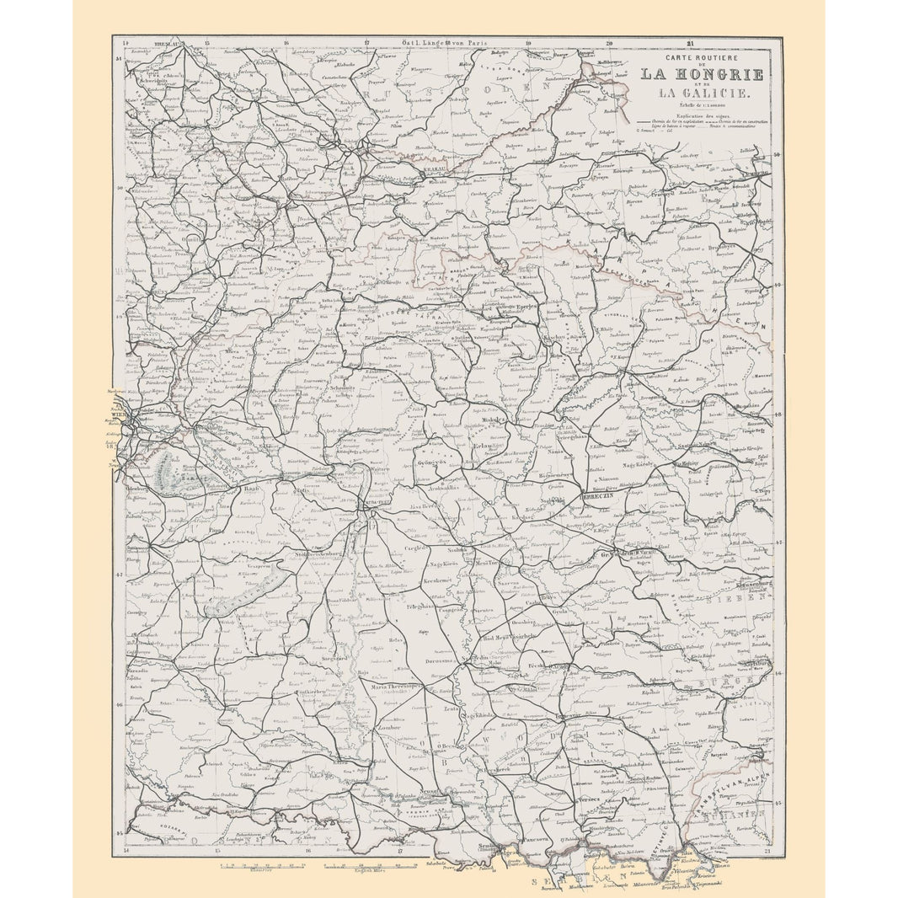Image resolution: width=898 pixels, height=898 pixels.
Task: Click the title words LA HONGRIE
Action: pyautogui.click(x=702, y=75)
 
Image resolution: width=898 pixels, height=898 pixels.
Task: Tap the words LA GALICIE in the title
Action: pyautogui.click(x=702, y=92)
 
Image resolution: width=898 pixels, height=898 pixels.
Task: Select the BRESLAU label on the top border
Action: pyautogui.click(x=168, y=41)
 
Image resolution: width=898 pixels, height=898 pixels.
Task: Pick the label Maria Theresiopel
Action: pyautogui.click(x=394, y=687)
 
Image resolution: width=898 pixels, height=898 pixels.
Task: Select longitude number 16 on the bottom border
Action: pyautogui.click(x=307, y=851)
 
